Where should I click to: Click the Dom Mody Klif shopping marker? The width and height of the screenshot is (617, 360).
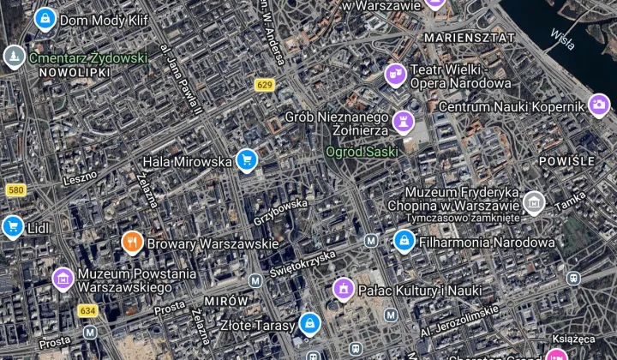45,17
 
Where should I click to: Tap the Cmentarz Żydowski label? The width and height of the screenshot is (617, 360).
87,58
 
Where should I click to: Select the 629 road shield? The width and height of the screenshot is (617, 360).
264,84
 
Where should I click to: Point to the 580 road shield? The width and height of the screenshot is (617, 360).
14,189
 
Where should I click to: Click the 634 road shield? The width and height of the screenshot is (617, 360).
87,310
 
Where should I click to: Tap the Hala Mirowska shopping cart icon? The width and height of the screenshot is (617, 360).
247,160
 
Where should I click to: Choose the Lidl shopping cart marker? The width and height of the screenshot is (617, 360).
12,226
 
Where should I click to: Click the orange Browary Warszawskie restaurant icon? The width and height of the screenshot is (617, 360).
131,243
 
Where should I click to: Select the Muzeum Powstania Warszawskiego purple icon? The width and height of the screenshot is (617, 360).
63,277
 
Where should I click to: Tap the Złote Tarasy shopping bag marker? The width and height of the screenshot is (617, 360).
309,324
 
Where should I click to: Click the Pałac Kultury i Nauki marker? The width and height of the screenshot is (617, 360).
344,290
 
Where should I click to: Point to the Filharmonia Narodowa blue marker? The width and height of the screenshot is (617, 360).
404,242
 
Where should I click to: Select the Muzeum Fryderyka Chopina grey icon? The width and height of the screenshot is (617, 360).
534,202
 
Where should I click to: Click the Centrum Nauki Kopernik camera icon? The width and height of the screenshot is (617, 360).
599,106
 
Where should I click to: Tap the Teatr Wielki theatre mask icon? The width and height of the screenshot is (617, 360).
395,75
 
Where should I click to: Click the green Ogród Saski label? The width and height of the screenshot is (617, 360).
362,152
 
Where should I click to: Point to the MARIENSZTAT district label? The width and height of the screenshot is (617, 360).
470,38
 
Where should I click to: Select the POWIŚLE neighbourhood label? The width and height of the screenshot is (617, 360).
566,161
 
